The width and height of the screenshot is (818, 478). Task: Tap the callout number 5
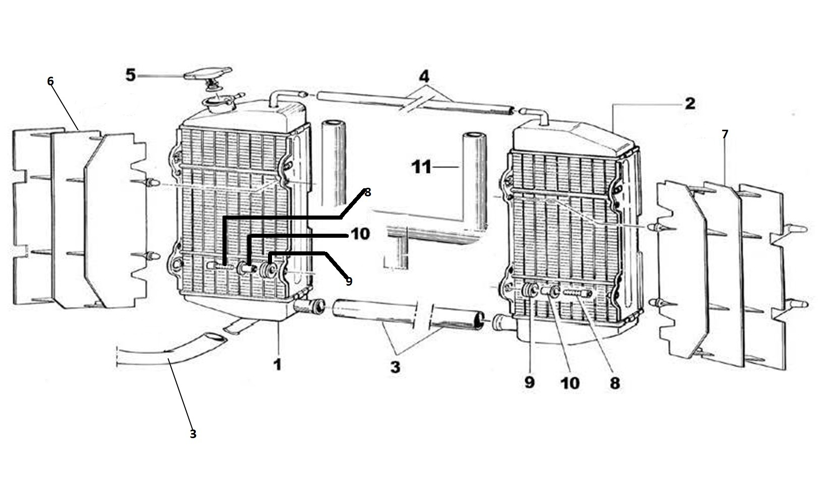click(x=131, y=76)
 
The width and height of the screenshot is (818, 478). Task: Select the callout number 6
click(x=50, y=81)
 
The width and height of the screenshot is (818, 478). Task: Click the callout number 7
click(x=725, y=134)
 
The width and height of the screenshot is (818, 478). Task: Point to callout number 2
click(x=690, y=104)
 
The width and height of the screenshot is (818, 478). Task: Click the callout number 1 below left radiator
click(x=277, y=364)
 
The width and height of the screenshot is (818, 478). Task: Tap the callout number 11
click(x=422, y=167)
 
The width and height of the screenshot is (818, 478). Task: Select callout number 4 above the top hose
click(x=424, y=77)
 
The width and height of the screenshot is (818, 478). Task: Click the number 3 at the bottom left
click(x=193, y=434)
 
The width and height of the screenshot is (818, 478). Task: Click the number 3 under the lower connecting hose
click(x=395, y=367)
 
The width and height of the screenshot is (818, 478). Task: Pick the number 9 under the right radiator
click(x=529, y=382)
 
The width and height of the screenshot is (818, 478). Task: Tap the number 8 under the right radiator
click(x=614, y=383)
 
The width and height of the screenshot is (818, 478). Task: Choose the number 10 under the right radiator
click(x=570, y=383)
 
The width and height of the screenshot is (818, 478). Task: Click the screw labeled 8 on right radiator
click(x=577, y=293)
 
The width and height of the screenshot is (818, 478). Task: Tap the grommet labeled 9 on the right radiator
click(x=529, y=291)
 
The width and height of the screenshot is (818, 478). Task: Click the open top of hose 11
click(x=475, y=135)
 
